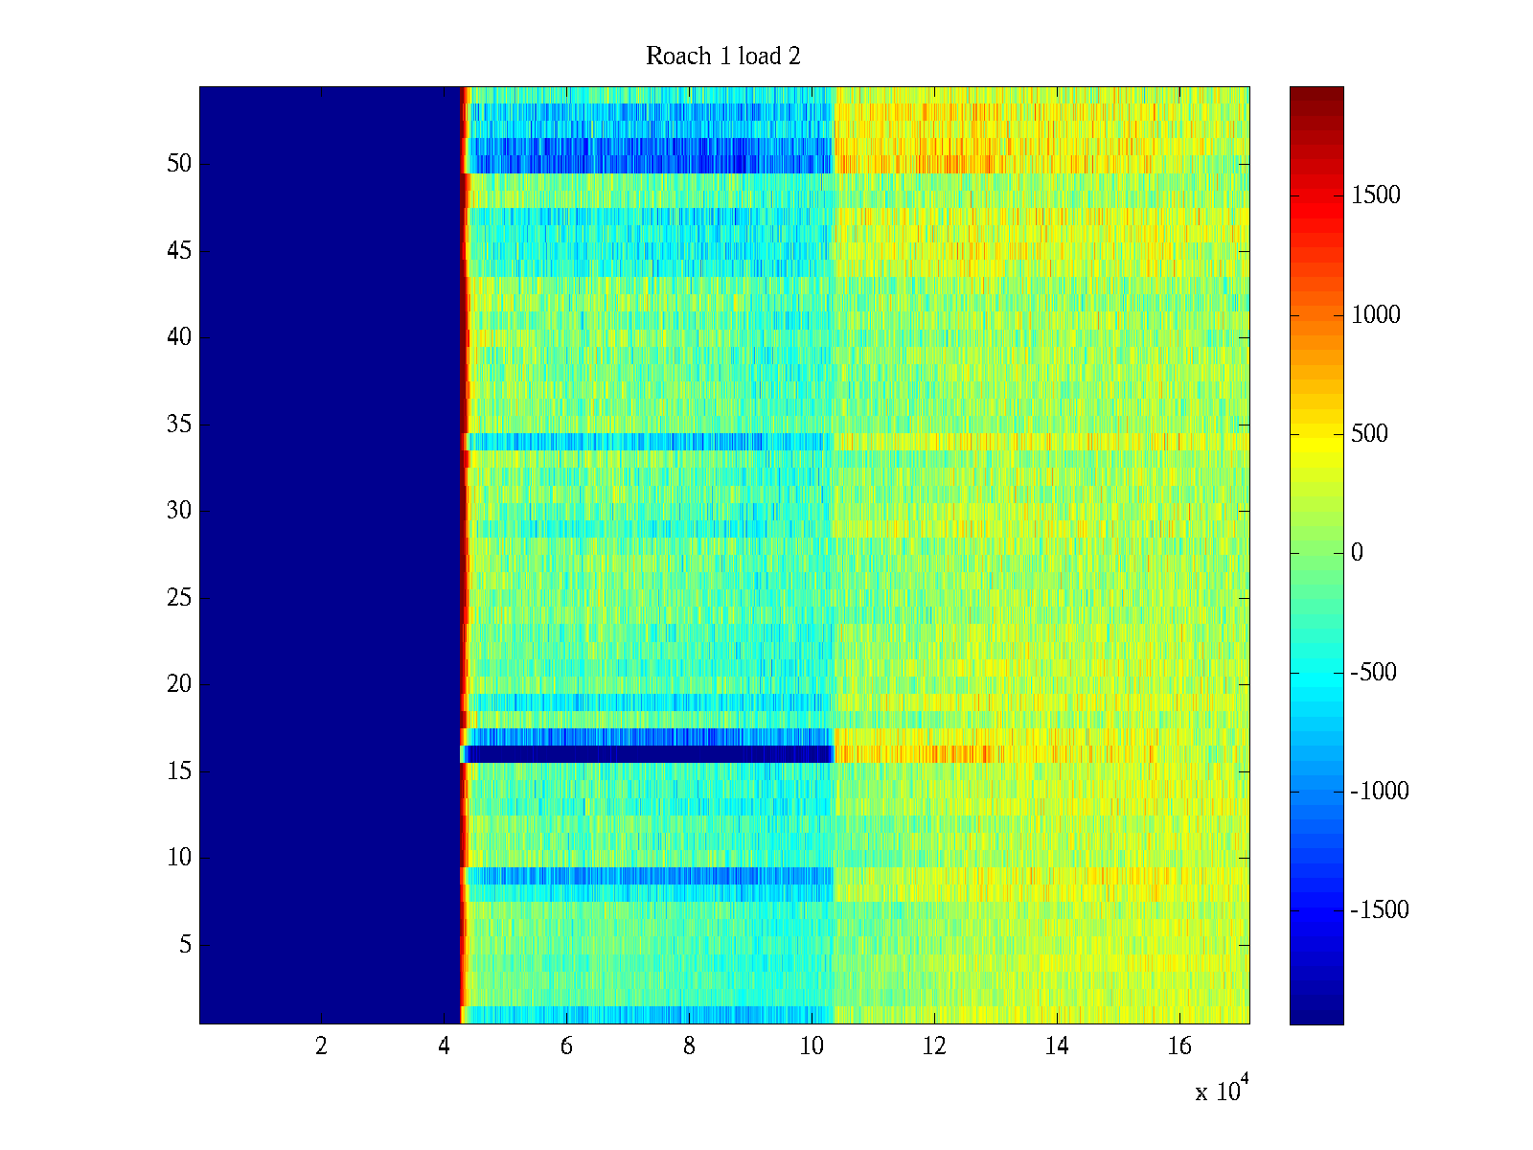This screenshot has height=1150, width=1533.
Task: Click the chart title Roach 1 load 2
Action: point(723,57)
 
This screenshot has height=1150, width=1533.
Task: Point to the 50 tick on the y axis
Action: point(179,164)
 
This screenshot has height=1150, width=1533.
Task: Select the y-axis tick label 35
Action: point(179,425)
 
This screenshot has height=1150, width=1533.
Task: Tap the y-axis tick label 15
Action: point(179,771)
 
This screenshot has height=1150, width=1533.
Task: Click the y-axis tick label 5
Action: point(185,945)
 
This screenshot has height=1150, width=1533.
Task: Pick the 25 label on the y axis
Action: point(179,598)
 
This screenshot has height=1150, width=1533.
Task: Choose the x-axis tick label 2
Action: point(321,1046)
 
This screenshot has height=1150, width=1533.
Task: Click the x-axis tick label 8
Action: point(689,1046)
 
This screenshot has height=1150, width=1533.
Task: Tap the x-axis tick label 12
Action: point(934,1046)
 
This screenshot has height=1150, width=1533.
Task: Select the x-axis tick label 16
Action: point(1179,1046)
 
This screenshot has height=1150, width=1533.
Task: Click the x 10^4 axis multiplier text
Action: point(1222,1091)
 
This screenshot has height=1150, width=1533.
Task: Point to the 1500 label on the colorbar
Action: point(1376,195)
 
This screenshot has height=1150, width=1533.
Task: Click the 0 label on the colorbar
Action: point(1357,553)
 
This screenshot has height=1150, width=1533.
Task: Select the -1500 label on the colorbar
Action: point(1380,910)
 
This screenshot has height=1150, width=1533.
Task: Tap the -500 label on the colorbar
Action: point(1374,673)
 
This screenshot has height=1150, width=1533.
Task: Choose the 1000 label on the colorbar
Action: point(1376,315)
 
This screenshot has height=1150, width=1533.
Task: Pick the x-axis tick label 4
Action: point(444,1046)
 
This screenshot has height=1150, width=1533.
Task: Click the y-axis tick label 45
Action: point(179,251)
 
